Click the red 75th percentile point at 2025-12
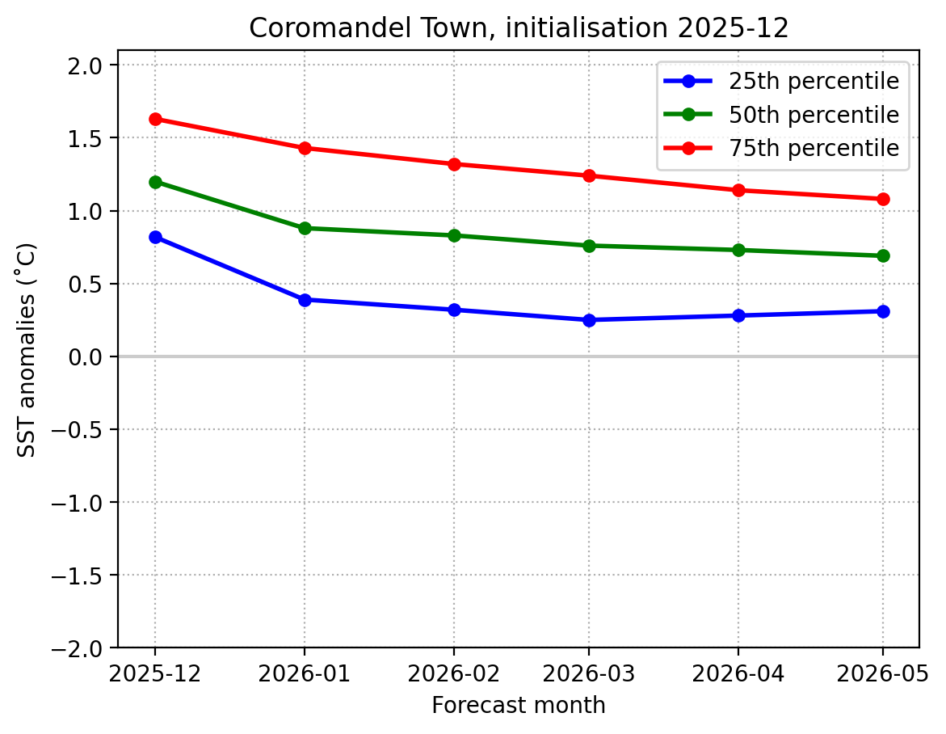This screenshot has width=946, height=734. coord(155,120)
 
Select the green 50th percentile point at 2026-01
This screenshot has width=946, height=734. coord(305,228)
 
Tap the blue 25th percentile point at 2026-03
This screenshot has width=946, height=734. coord(589,320)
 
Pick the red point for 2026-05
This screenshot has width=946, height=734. coord(883,199)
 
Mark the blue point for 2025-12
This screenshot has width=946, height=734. coord(155,237)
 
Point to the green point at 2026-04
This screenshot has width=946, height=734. coord(738,250)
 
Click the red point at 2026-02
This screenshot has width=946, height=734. coord(454,164)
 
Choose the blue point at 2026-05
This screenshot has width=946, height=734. coord(883,311)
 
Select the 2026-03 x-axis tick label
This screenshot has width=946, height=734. coord(589,673)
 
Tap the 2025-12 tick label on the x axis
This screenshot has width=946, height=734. coord(155,673)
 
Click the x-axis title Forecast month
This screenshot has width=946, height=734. coord(518,706)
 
